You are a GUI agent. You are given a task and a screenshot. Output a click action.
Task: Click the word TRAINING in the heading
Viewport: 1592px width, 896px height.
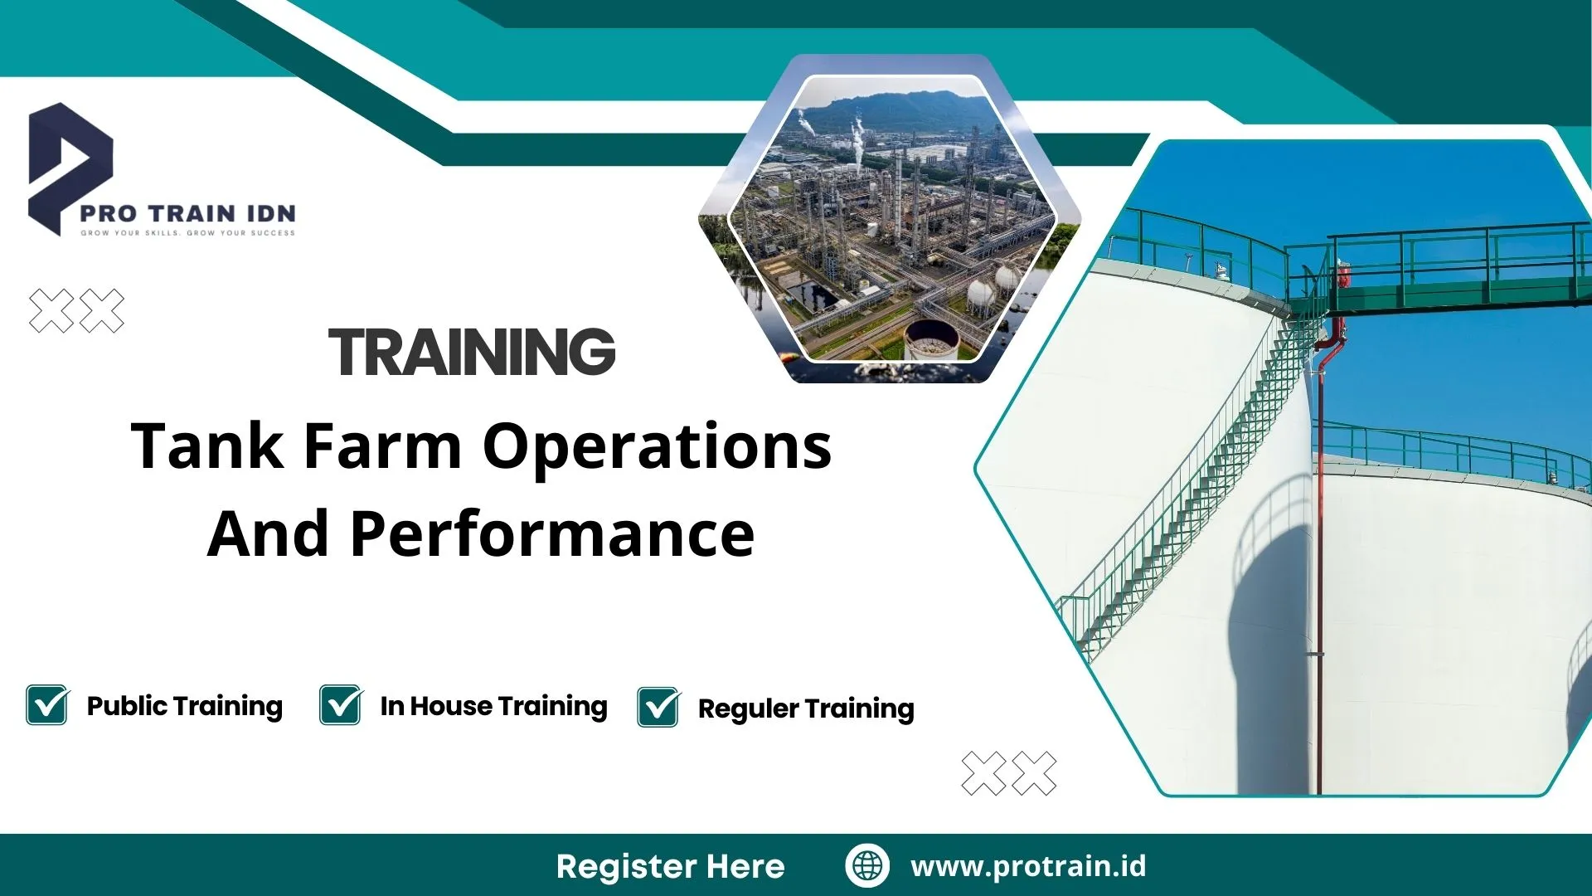(472, 352)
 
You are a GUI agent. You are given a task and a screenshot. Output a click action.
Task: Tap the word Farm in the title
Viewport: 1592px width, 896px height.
(382, 446)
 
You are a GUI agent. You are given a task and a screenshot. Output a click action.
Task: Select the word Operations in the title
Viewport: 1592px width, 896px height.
(657, 448)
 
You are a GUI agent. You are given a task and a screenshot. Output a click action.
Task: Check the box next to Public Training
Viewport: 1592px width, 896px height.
(46, 705)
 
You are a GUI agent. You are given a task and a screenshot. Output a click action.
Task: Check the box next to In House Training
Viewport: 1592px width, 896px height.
(340, 705)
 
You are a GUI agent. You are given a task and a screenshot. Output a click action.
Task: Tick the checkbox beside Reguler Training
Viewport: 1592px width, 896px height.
(658, 708)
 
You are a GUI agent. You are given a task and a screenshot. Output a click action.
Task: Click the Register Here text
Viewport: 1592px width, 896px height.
(670, 866)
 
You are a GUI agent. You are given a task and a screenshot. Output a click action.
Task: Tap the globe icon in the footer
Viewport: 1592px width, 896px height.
(867, 865)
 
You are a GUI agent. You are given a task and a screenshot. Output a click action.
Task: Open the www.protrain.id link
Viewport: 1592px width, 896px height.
(1028, 866)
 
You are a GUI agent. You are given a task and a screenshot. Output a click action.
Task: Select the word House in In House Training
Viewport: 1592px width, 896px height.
(451, 706)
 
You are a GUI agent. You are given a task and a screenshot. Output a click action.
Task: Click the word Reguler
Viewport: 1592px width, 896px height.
(748, 709)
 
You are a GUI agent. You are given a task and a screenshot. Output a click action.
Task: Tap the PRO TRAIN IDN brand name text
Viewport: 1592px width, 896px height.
(187, 214)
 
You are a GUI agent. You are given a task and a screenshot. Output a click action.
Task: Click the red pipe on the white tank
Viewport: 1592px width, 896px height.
(1317, 498)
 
